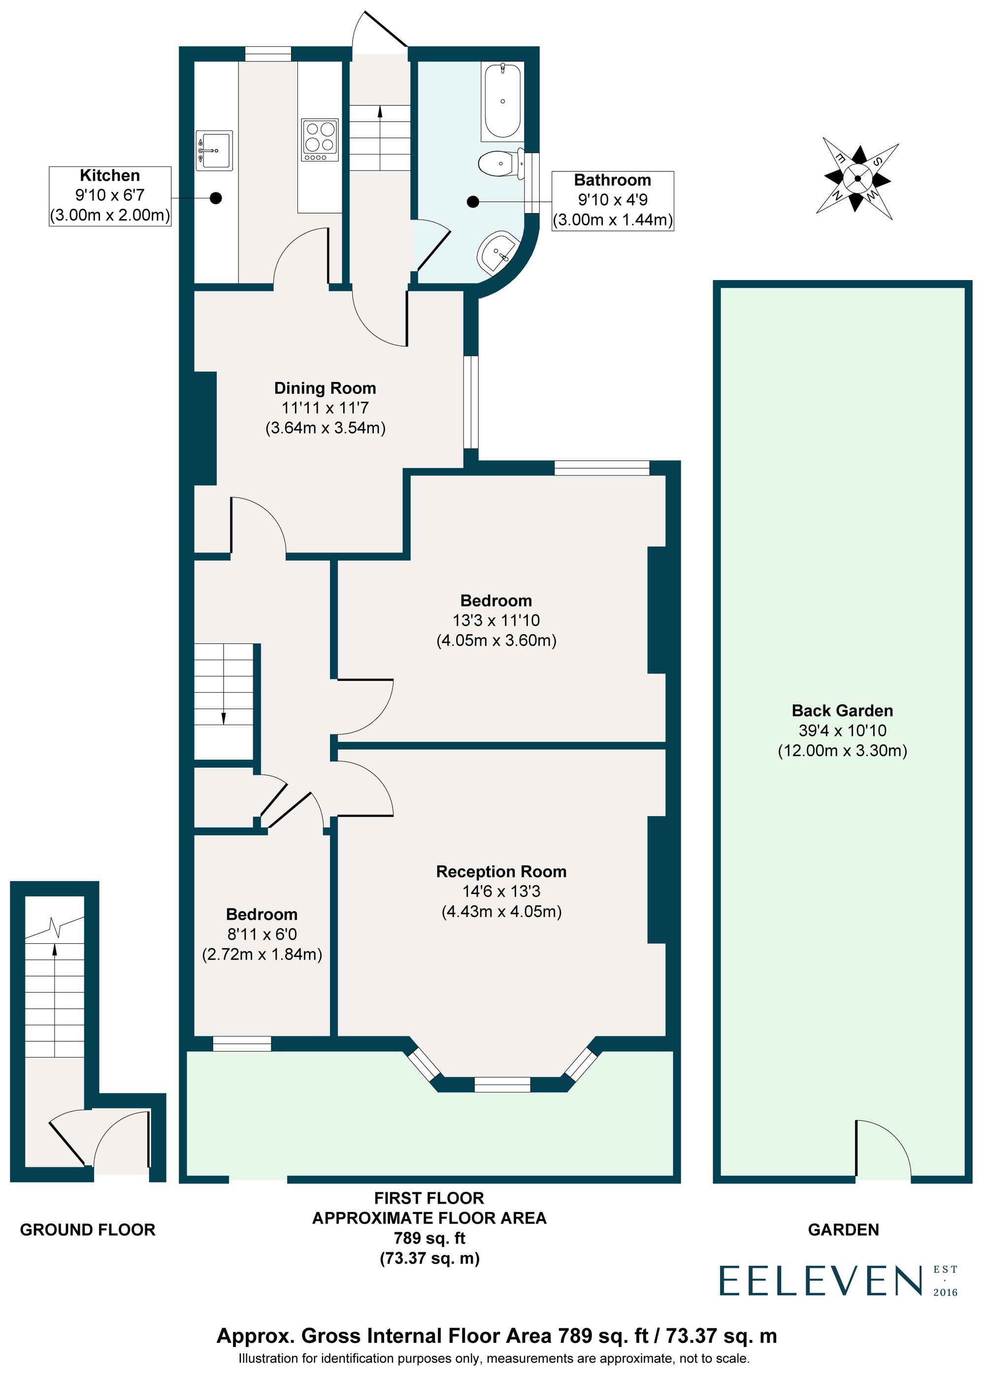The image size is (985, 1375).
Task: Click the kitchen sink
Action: pyautogui.click(x=214, y=150)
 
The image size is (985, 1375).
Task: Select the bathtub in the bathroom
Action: pyautogui.click(x=503, y=100)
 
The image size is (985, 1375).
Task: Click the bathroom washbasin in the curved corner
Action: pyautogui.click(x=498, y=252)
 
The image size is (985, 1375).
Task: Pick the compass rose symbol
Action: pyautogui.click(x=857, y=179)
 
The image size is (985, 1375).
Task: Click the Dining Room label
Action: pyautogui.click(x=325, y=388)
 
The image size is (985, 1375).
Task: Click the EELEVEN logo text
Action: pyautogui.click(x=821, y=1281)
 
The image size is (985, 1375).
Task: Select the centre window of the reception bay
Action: pyautogui.click(x=502, y=1085)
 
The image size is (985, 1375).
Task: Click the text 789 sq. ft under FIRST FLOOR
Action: pyautogui.click(x=429, y=1238)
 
